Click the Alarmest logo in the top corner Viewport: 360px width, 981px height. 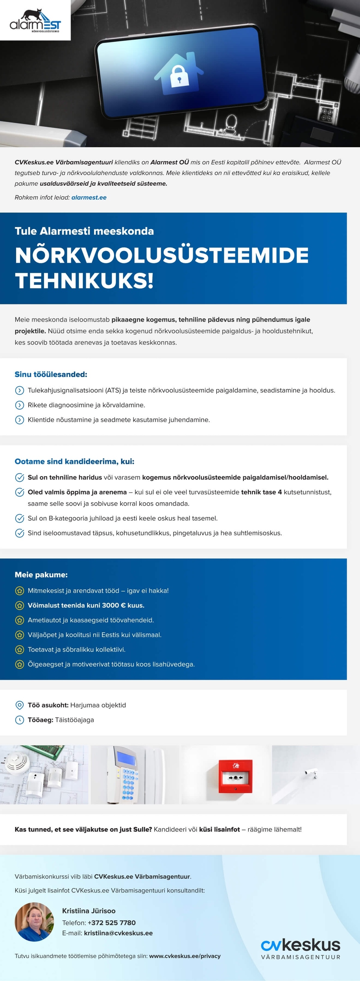click(35, 21)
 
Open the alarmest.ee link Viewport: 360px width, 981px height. click(89, 197)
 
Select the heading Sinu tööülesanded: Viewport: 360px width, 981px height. click(51, 374)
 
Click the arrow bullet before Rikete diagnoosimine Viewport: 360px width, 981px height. click(19, 405)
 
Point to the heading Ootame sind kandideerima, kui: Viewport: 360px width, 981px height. click(74, 461)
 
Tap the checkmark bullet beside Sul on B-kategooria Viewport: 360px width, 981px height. click(19, 518)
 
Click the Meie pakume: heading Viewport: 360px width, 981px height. click(41, 575)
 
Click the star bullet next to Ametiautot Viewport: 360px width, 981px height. click(19, 620)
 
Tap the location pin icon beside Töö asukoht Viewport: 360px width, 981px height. click(19, 705)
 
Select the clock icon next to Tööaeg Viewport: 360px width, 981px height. click(19, 720)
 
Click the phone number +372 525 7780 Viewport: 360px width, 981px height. click(112, 923)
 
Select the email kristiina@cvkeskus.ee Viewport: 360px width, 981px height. click(118, 933)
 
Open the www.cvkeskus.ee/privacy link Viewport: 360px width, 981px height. click(185, 956)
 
